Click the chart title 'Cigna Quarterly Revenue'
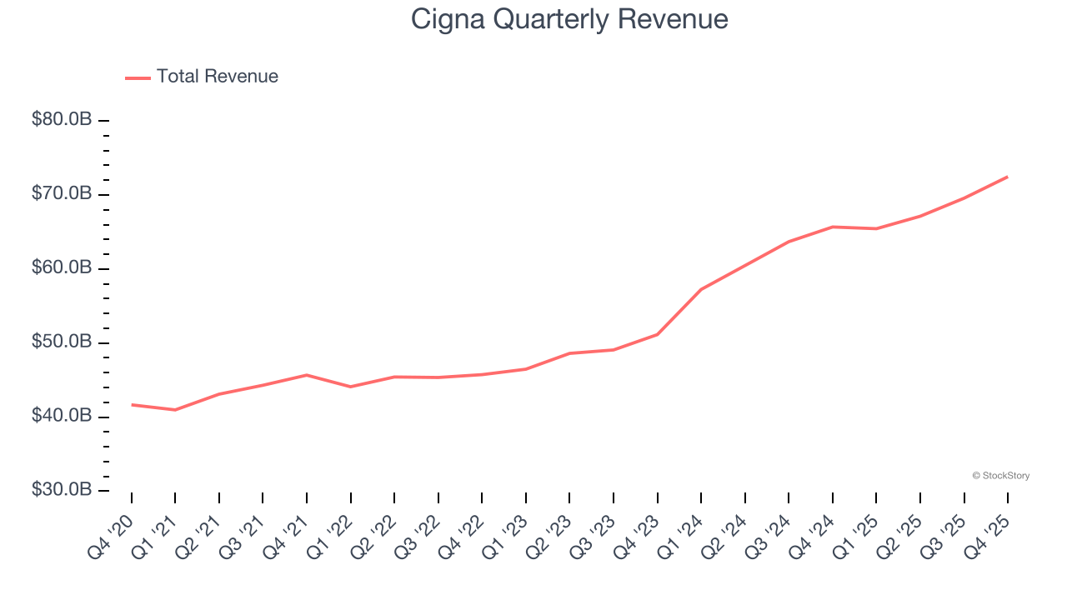click(569, 19)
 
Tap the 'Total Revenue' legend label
click(217, 77)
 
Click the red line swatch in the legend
click(138, 77)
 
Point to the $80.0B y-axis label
click(62, 120)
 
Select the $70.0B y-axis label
click(62, 194)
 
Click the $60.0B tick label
click(62, 268)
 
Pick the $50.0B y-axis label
click(62, 342)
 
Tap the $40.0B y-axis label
click(62, 417)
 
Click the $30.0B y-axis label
click(62, 490)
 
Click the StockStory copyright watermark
click(1000, 476)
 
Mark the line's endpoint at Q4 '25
click(1008, 177)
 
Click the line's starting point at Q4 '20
click(132, 405)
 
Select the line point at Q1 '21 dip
click(175, 410)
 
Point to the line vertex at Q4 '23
click(658, 334)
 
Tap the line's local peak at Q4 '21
click(307, 375)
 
